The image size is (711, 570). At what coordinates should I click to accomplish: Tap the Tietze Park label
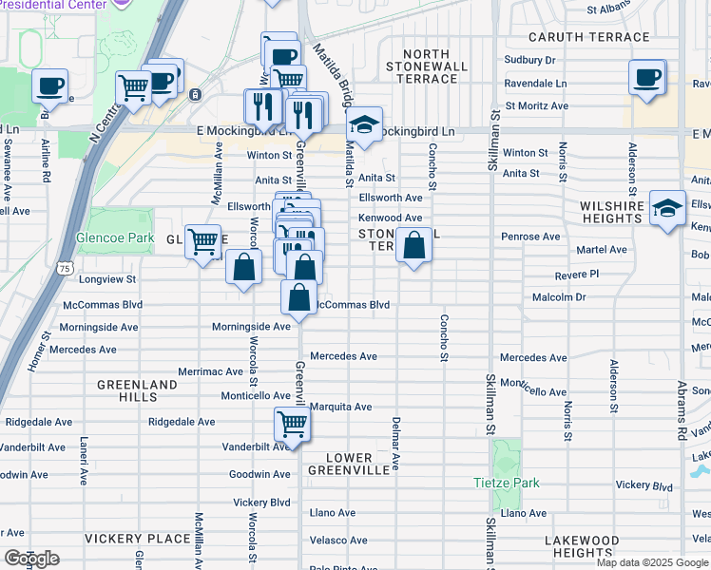tap(507, 483)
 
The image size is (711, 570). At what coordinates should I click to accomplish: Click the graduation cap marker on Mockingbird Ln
tap(364, 123)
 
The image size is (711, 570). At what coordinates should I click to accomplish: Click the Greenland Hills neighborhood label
tap(137, 390)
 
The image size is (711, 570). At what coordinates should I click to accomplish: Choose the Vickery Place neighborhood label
tap(137, 539)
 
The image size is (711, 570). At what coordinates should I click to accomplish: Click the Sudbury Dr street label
tap(530, 59)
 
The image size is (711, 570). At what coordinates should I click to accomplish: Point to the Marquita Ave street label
tap(340, 407)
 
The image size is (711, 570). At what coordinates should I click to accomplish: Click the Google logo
tap(31, 559)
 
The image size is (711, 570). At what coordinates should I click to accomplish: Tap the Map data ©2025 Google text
tap(652, 562)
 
